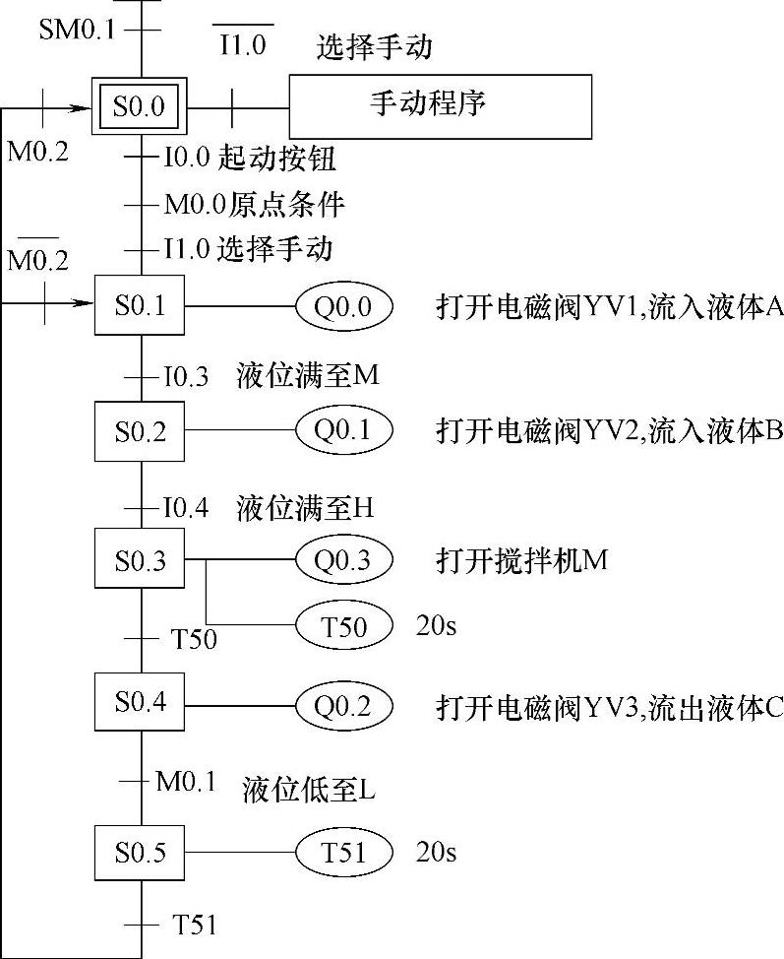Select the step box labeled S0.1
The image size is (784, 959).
(x=140, y=306)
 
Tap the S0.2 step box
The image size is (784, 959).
(x=140, y=430)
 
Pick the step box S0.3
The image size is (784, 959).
(x=140, y=560)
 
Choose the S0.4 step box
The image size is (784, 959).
(x=140, y=703)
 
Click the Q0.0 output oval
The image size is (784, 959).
(x=343, y=306)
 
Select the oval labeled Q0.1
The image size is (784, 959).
(x=343, y=430)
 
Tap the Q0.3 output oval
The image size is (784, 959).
(x=343, y=560)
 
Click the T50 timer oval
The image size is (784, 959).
(x=343, y=625)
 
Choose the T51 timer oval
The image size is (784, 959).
(x=343, y=852)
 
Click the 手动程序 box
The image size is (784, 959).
(x=440, y=106)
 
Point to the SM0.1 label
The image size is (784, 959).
(x=77, y=30)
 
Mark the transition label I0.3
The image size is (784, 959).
(x=186, y=376)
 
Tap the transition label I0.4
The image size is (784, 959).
(x=186, y=509)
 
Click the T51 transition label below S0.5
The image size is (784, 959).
(x=195, y=925)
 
